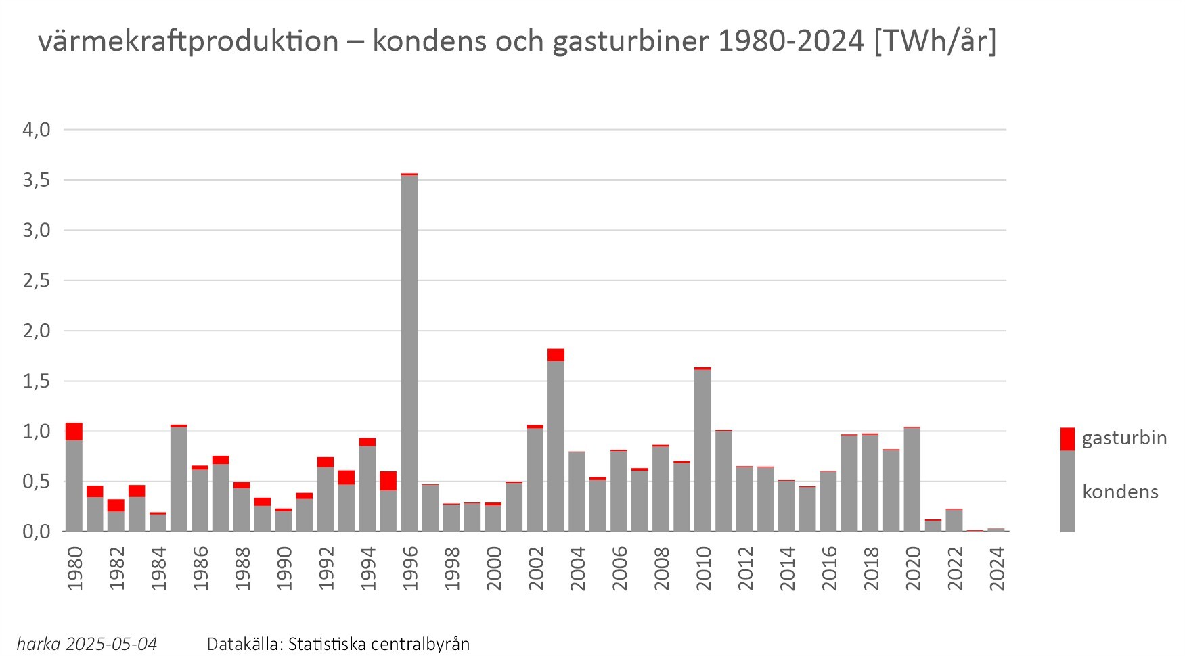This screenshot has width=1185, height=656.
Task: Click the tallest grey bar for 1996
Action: tap(409, 352)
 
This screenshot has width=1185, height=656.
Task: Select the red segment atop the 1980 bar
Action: tap(74, 431)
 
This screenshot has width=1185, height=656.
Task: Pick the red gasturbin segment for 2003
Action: tap(556, 355)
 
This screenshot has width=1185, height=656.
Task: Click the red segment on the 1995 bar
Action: tap(388, 481)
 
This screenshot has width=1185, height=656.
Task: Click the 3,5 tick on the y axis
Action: tap(37, 180)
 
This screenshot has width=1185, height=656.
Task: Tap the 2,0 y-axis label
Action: tap(37, 331)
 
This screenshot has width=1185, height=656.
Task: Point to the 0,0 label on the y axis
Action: tap(37, 532)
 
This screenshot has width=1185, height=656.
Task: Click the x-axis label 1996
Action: tap(410, 569)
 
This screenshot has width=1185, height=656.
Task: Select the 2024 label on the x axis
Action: tap(998, 569)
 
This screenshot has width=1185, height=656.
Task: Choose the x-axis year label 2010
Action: tap(704, 569)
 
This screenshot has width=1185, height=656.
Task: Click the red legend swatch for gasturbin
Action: tap(1067, 438)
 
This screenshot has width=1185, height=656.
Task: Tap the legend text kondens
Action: tap(1120, 492)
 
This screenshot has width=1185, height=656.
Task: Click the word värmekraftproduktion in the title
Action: tap(188, 42)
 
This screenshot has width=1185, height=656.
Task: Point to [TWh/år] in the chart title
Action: tap(935, 42)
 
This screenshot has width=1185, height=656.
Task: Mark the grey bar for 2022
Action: tap(954, 520)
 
